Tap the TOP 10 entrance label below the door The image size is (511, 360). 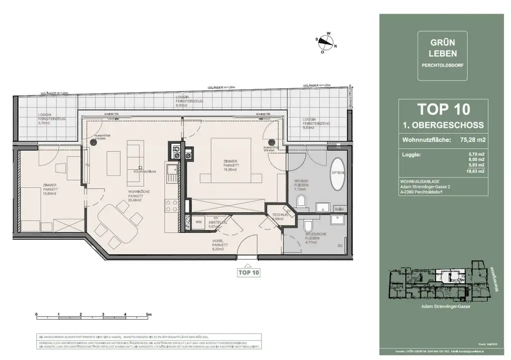(x=248, y=273)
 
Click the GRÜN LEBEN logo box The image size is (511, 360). (x=443, y=56)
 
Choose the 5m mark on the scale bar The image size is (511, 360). (x=148, y=315)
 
